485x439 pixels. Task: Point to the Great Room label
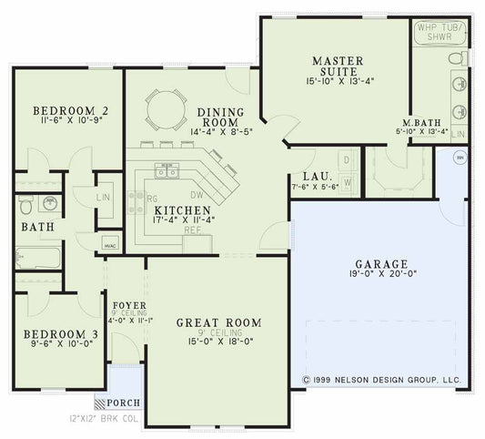[x=218, y=322]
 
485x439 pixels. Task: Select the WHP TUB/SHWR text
[x=439, y=34]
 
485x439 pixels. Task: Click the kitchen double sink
[x=166, y=171]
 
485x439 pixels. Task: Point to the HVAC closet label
[x=109, y=246]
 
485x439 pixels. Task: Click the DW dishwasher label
[x=196, y=193]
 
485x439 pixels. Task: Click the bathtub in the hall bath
[x=36, y=260]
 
